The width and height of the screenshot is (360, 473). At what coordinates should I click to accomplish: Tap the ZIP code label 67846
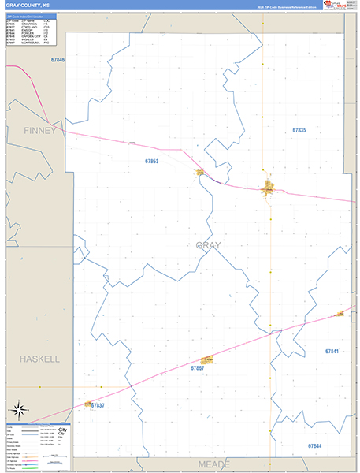coord(58,60)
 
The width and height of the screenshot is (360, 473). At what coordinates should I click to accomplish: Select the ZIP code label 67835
coord(299,130)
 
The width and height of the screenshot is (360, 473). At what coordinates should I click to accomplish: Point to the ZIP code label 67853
coord(151,162)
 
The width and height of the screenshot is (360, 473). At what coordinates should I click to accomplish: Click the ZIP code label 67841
coord(332,351)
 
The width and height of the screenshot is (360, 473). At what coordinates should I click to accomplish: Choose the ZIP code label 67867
coord(198,368)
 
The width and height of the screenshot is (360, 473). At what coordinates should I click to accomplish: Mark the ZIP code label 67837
coord(98,405)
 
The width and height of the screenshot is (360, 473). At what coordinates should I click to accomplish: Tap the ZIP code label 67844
coord(314,446)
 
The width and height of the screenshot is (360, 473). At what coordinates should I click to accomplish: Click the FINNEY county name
coord(39,130)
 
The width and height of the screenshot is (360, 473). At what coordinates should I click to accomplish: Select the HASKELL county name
coord(40,359)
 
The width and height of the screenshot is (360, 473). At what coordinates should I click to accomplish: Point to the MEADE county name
coord(213,464)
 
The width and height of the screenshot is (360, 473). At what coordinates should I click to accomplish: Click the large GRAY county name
coord(209,245)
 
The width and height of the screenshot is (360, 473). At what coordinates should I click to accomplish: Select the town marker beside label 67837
coord(87,404)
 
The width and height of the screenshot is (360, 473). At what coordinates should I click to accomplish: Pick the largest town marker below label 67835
coord(269,188)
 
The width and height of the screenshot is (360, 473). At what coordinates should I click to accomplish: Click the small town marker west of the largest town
coord(201,173)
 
